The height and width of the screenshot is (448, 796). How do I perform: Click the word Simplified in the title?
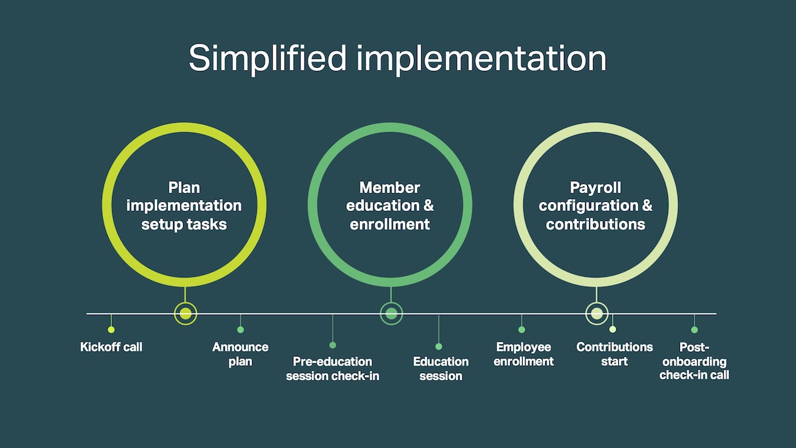point(267,58)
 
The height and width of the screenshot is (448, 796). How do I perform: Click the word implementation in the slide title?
point(482,58)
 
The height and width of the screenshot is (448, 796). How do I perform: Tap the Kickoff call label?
point(111,346)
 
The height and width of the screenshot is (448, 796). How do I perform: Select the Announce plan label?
point(240,354)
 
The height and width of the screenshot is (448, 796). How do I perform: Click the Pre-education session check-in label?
point(332,369)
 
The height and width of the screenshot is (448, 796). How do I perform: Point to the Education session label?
point(440,369)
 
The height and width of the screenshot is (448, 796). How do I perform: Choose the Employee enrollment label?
point(523,354)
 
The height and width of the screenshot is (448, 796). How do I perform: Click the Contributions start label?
point(614,354)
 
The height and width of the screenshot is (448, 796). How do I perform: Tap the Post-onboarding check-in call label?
point(694,361)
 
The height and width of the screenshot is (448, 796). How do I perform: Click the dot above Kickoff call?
point(111,330)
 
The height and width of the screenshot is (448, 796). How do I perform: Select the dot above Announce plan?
point(241,330)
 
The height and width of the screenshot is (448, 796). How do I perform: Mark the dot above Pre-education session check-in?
point(332,345)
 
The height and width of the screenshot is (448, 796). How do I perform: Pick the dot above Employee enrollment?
point(521,330)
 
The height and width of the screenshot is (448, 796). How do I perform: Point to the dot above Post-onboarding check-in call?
point(695,330)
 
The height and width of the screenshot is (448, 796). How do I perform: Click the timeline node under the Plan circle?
point(186,313)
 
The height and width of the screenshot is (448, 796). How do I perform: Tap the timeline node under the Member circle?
point(391,313)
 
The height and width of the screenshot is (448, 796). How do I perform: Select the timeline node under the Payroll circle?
point(596,313)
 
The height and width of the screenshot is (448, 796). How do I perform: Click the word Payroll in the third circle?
point(596,188)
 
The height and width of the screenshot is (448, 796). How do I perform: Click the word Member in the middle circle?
point(390,188)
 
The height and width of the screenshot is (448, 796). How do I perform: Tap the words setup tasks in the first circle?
point(184,225)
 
